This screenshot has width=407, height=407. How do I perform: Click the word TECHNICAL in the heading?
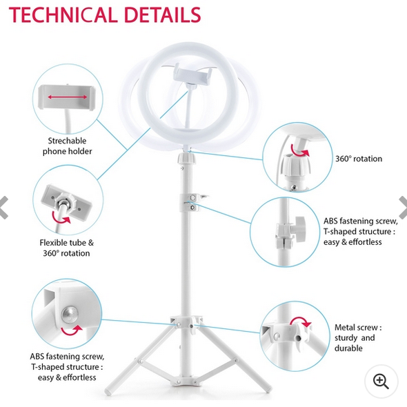(63, 15)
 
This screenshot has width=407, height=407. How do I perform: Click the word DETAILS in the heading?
(163, 15)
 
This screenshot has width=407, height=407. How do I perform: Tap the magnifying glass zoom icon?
(381, 381)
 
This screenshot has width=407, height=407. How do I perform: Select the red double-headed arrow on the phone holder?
(68, 97)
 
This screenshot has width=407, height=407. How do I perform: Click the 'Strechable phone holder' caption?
(67, 146)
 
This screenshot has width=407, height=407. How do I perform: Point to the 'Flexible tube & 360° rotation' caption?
(67, 248)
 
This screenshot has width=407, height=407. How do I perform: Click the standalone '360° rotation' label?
(359, 159)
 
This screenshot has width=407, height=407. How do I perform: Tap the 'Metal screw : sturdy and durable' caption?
(358, 338)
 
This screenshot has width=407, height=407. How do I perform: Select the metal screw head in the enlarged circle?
(70, 314)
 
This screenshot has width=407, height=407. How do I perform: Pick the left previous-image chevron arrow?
(4, 208)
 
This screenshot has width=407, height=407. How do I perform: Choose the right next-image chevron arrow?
(403, 207)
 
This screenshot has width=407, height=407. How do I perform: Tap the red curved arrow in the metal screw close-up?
(301, 321)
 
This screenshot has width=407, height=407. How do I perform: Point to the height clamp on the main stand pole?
(192, 203)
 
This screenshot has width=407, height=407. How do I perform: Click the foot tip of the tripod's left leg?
(108, 391)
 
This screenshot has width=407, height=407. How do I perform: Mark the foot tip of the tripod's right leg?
(268, 389)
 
